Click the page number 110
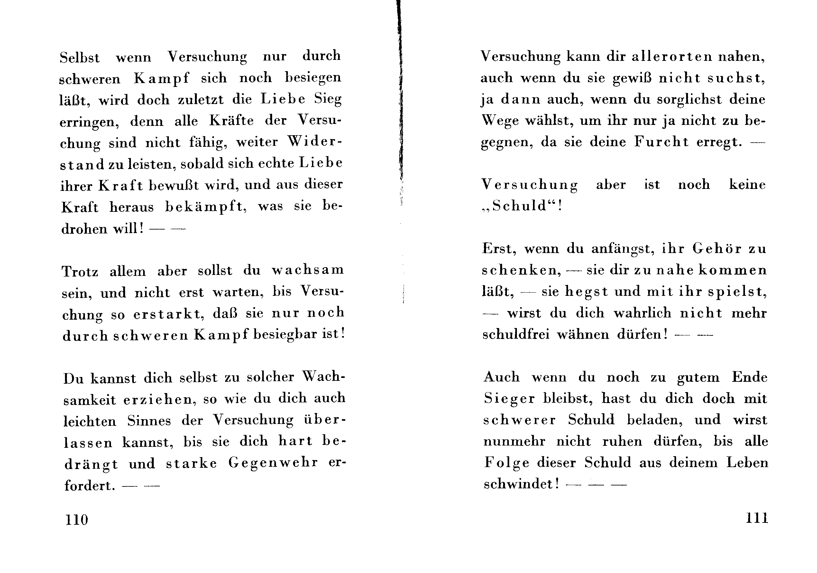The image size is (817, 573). (x=77, y=520)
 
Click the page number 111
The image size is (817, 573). (x=757, y=518)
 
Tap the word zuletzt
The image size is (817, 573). (x=201, y=100)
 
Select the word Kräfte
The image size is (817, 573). (x=231, y=121)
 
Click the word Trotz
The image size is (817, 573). (x=80, y=272)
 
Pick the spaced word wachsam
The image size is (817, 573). (x=308, y=270)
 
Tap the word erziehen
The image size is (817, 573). (x=160, y=399)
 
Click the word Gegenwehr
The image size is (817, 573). (x=273, y=463)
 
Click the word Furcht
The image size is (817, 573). (x=661, y=142)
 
